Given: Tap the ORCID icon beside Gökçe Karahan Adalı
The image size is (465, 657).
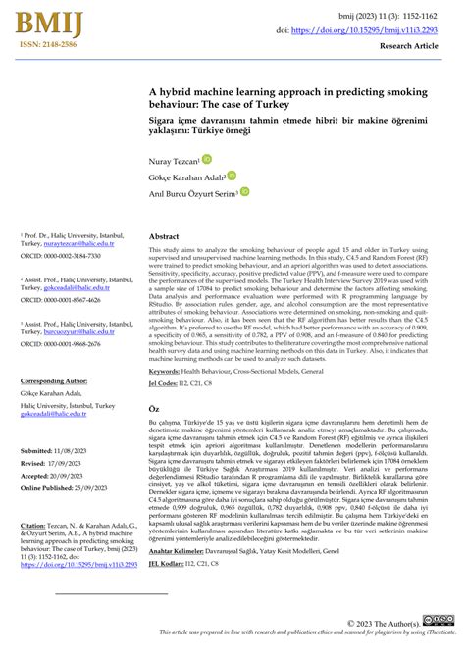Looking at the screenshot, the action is click(232, 176).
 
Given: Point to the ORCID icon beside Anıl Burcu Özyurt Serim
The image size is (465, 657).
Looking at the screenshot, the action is click(244, 192).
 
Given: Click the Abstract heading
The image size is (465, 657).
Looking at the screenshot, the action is click(164, 237).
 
